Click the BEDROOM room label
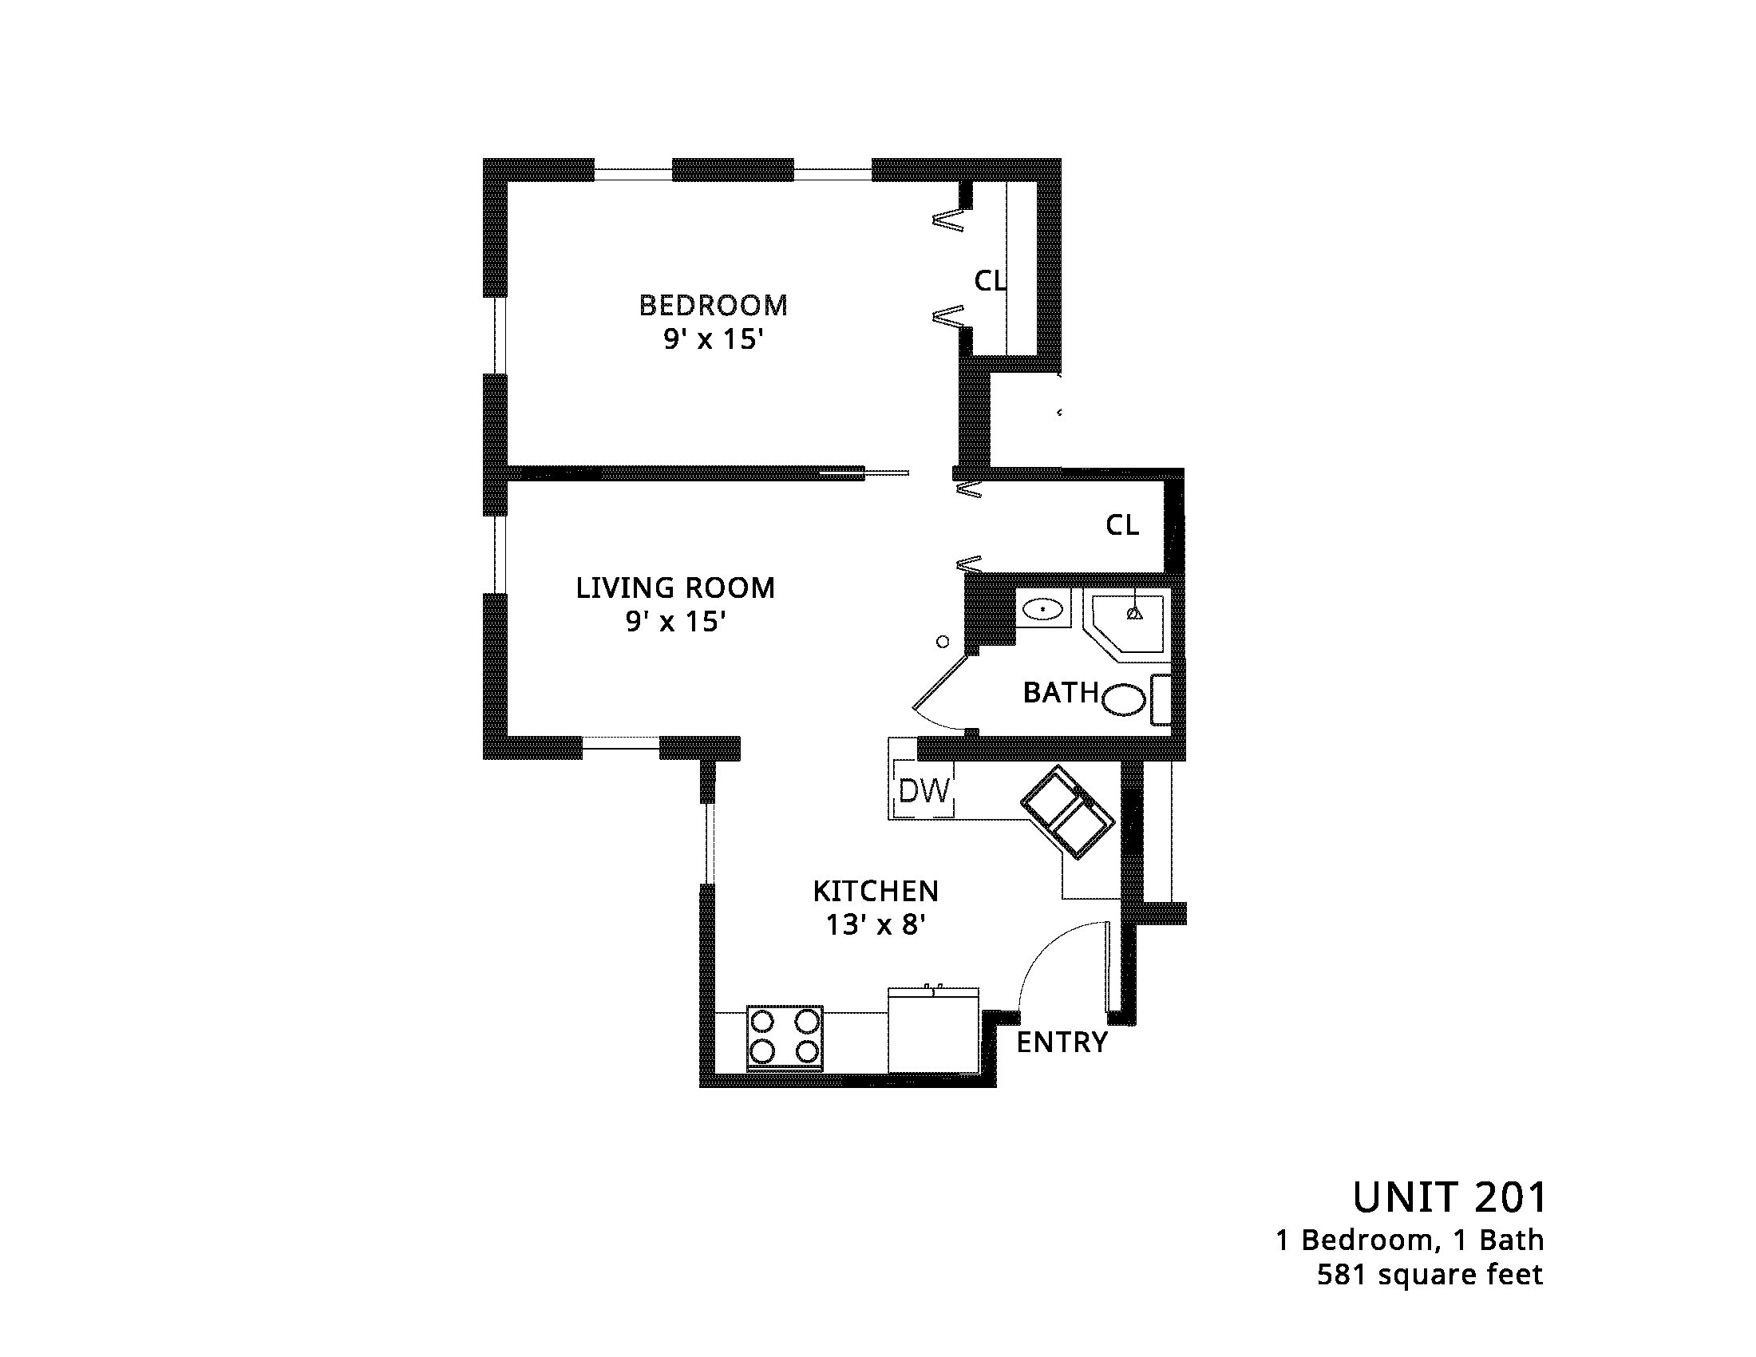point(713,306)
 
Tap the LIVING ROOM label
point(675,588)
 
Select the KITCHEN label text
point(876,892)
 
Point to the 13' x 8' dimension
point(876,925)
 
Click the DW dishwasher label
point(924,791)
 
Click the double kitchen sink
point(1068,812)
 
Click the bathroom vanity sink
point(1043,608)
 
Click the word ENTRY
point(1062,1042)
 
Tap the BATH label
point(1061,692)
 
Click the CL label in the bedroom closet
point(990,280)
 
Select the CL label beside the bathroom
point(1122,525)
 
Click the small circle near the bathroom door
point(943,642)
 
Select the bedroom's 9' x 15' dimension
point(712,339)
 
